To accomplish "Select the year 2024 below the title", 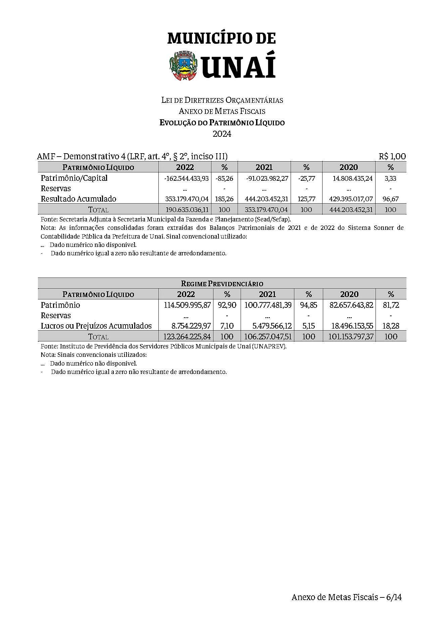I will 222,134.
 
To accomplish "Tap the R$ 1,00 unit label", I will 392,156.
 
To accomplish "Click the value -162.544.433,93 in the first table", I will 187,178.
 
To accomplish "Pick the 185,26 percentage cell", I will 224,199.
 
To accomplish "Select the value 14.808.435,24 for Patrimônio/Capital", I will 353,178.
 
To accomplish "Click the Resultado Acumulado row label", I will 79,199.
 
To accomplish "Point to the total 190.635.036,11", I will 187,210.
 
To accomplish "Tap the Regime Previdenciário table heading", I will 222,284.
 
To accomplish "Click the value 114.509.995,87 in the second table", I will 187,305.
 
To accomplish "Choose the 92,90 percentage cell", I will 227,305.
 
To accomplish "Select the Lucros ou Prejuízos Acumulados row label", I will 96,326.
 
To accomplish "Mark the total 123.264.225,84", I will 187,337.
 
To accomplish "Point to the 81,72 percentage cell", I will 391,305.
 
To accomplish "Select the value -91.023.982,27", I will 267,178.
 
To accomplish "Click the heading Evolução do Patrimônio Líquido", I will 222,123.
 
